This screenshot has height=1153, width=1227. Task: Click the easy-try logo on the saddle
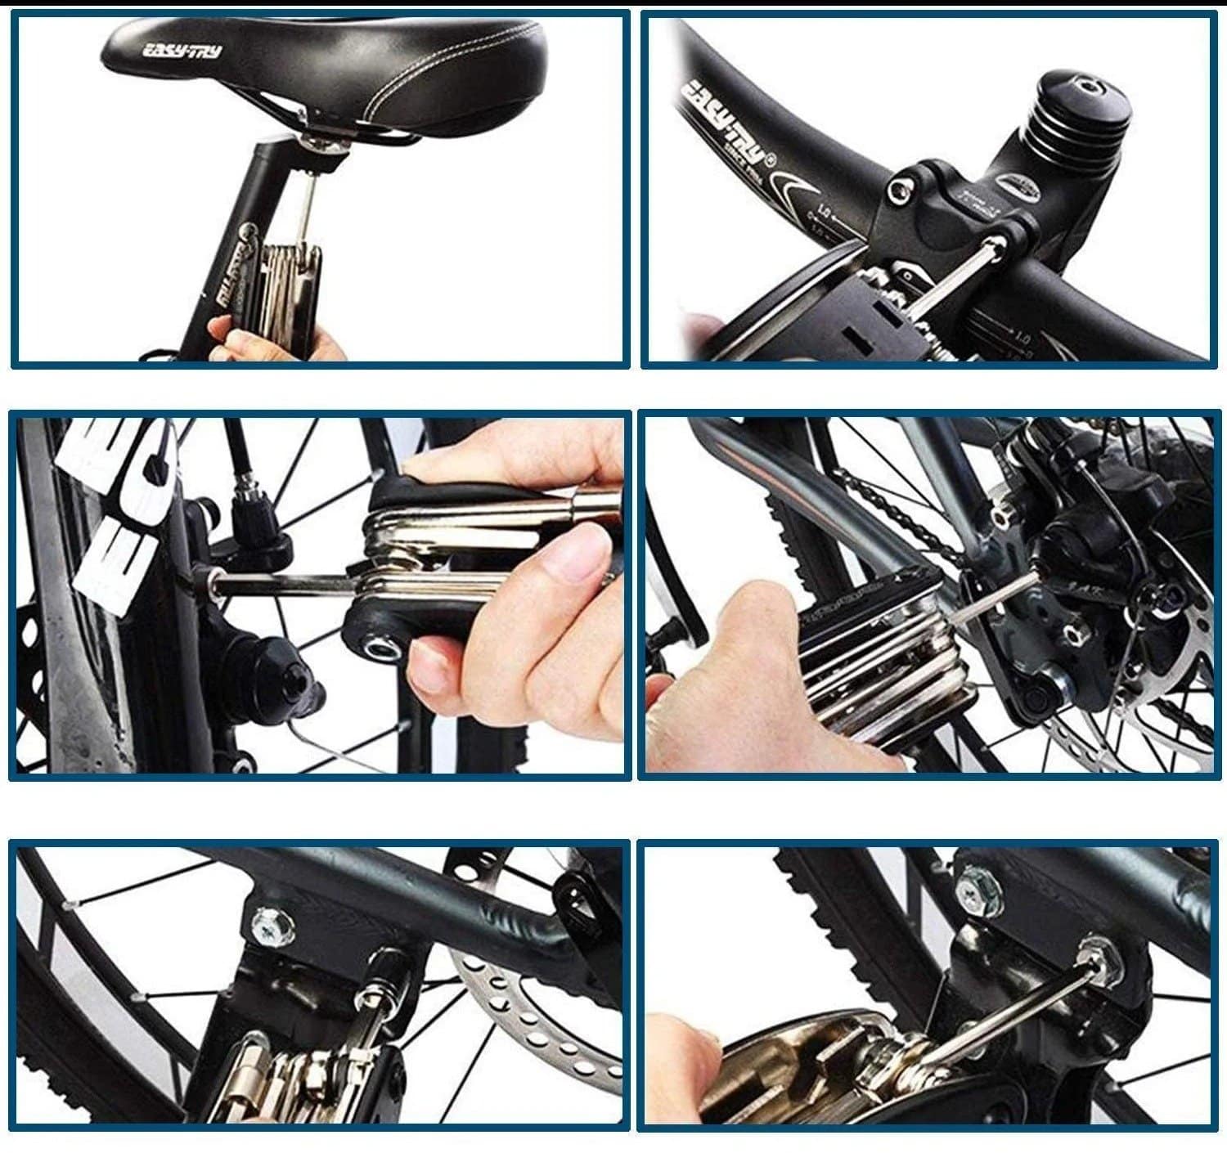182,52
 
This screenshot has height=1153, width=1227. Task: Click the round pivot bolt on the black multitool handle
381,649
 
